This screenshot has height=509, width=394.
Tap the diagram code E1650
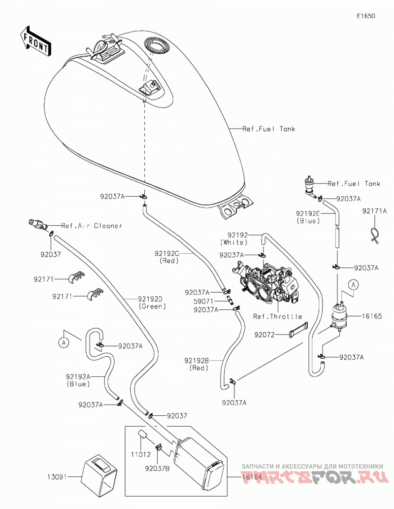point(366,16)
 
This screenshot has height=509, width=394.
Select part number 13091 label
point(58,477)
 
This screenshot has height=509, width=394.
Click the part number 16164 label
point(252,477)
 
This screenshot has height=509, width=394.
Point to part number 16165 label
point(372,316)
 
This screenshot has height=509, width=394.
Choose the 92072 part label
point(264,335)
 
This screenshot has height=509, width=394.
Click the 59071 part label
point(203,302)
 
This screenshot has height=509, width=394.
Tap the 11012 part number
point(141,454)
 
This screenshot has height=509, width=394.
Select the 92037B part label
point(158,469)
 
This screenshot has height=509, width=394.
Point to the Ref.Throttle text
point(277,316)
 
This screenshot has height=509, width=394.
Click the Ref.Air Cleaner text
point(92,226)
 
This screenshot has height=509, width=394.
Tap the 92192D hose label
point(150,299)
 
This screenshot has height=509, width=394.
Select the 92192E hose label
point(308,213)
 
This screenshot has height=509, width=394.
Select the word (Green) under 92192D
point(152,306)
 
